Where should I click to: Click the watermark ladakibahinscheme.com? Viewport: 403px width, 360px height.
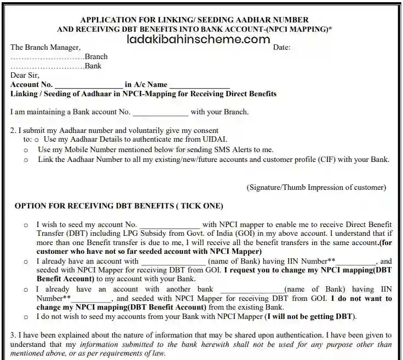pos(198,39)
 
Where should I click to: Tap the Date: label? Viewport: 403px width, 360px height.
pos(281,48)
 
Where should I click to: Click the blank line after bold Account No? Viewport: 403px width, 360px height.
pos(89,85)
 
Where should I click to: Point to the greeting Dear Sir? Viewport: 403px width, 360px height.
pos(25,76)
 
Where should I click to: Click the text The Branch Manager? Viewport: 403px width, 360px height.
pos(45,48)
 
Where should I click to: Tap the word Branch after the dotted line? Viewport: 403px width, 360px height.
pos(96,57)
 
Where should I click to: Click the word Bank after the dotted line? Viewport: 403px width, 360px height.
pos(93,66)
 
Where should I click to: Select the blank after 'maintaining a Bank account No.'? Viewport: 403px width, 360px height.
pos(160,113)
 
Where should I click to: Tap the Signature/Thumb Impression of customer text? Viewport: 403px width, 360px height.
pos(316,187)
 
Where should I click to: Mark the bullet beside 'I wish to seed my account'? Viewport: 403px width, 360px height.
pos(26,225)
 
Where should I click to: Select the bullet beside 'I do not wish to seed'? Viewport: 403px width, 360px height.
pos(26,317)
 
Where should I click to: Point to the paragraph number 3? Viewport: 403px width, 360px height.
pos(13,335)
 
